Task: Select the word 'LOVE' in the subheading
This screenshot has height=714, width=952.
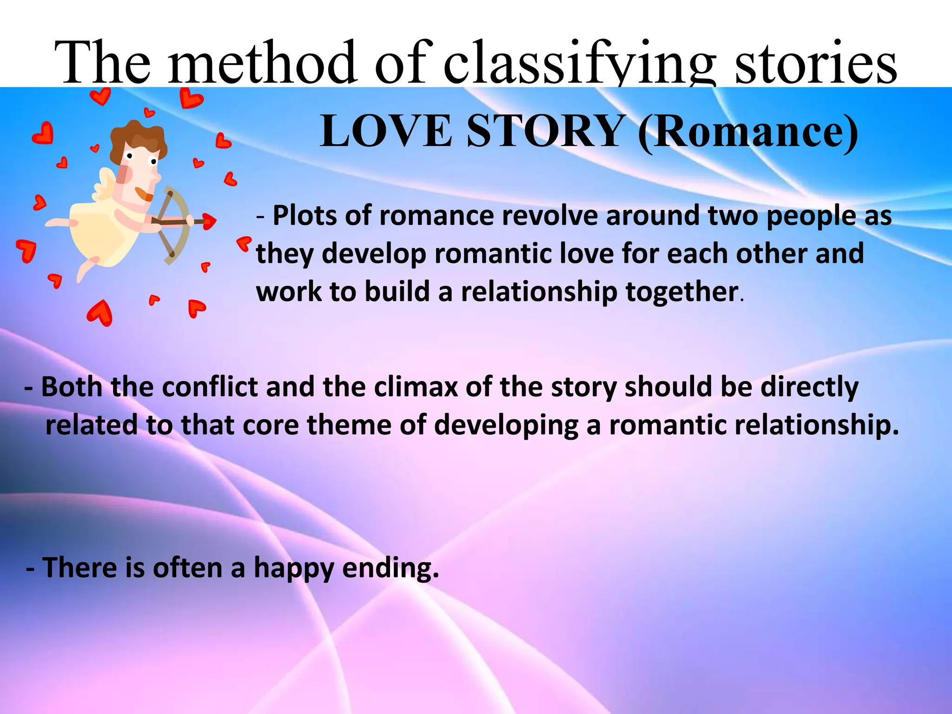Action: [x=386, y=131]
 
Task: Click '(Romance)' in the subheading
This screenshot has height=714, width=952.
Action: [x=748, y=132]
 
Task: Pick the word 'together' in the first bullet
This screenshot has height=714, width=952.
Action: [x=681, y=292]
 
